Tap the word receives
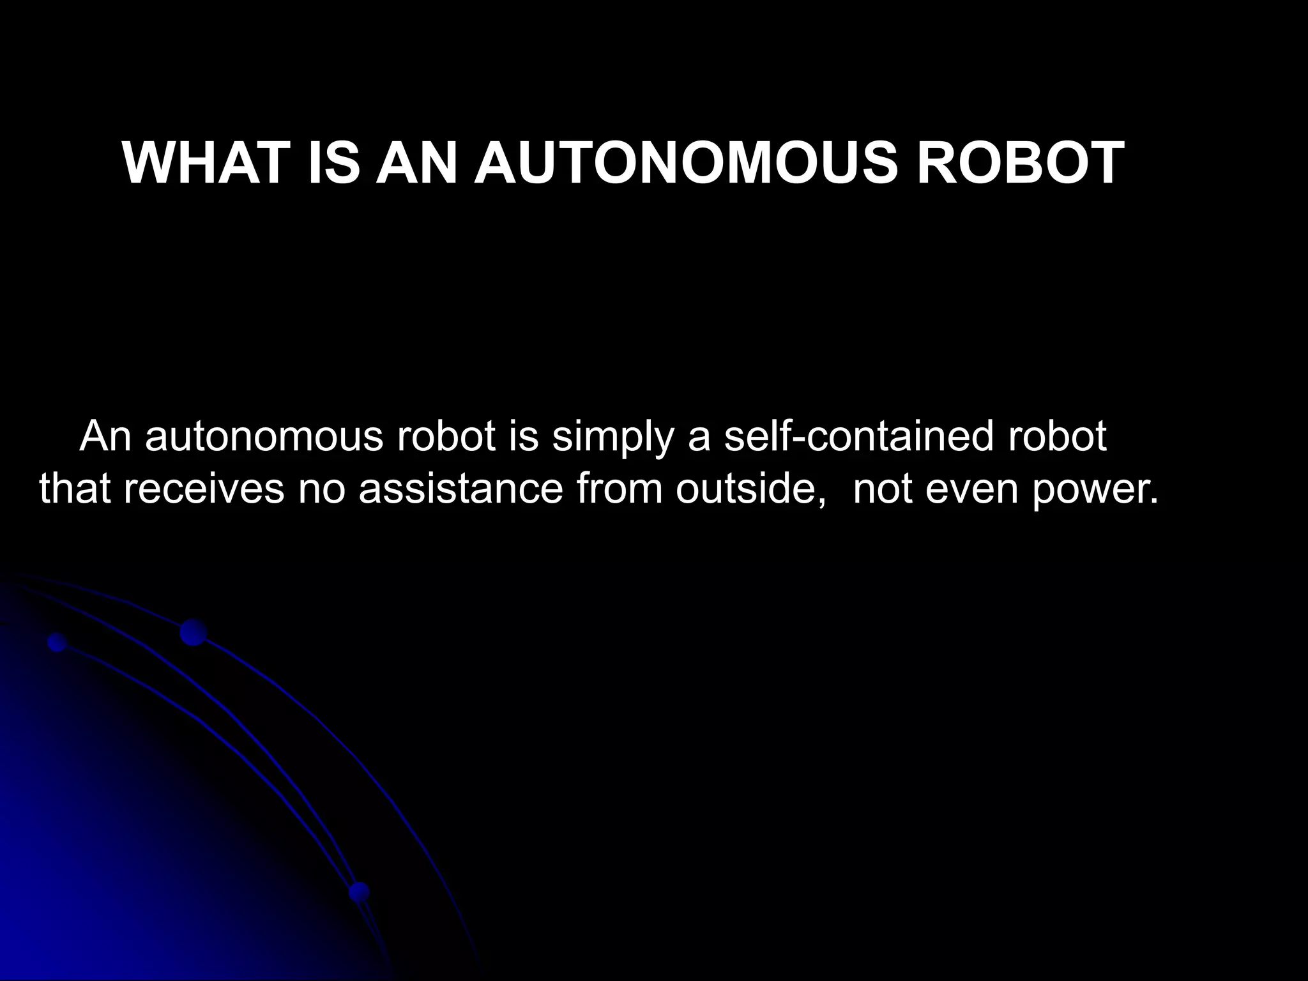(204, 489)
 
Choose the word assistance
(460, 489)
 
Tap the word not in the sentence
(883, 489)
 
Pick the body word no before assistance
(322, 489)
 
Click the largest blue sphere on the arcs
(193, 632)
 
